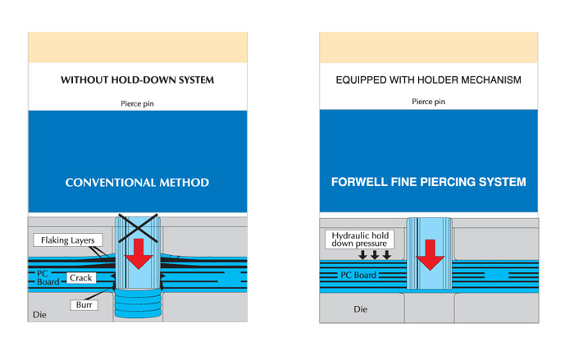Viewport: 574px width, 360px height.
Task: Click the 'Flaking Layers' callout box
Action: (68, 240)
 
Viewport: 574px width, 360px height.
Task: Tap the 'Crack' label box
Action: (81, 278)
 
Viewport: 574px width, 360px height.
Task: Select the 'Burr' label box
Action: (84, 305)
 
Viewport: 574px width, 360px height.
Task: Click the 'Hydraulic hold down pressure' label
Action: (359, 239)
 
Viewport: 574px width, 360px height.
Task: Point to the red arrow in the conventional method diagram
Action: (139, 253)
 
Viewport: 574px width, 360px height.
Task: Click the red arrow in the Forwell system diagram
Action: (430, 255)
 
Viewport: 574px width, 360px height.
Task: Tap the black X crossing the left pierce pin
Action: (138, 228)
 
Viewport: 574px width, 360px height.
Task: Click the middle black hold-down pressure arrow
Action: (375, 255)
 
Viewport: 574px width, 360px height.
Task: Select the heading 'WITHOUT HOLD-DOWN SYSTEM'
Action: (137, 80)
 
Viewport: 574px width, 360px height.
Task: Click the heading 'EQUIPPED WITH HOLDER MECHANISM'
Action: (428, 80)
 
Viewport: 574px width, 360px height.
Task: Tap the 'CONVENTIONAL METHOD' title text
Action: (137, 182)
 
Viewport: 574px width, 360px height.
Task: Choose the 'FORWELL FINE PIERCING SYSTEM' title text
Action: (428, 182)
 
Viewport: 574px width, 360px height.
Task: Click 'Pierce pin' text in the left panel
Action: (137, 103)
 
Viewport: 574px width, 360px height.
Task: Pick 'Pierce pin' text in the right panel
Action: (428, 102)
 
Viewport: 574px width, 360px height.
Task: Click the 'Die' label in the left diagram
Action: (39, 315)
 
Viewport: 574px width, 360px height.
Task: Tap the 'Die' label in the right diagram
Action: (361, 309)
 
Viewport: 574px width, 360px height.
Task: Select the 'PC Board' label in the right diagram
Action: (358, 275)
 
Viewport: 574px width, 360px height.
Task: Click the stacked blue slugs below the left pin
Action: (138, 303)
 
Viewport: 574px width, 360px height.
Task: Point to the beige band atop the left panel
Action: (138, 48)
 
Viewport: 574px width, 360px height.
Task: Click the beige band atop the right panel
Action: (429, 48)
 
